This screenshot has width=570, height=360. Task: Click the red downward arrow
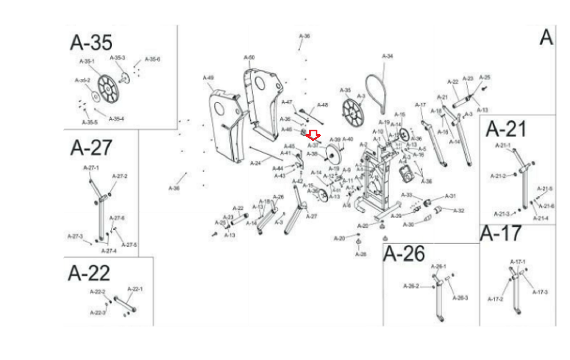[313, 135]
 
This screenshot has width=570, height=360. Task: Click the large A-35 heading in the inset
[91, 42]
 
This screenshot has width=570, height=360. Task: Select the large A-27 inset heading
[91, 147]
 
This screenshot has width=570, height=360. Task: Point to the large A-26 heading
[404, 254]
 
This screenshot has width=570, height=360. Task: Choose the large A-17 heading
[501, 234]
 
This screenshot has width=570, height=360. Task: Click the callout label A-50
[249, 57]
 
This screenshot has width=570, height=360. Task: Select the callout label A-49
[208, 78]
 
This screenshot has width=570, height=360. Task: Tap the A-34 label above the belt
[388, 56]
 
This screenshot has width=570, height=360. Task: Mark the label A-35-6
[152, 59]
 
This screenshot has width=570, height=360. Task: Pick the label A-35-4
[116, 119]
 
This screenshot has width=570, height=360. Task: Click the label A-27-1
[91, 168]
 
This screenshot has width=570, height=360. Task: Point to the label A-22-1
[135, 289]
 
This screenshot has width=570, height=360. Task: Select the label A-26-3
[460, 298]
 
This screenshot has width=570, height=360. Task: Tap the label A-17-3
[540, 292]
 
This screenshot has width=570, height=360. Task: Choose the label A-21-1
[503, 145]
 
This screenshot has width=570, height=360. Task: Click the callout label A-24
[255, 163]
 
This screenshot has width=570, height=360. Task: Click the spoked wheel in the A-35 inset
[108, 89]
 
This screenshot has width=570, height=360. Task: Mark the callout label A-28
[361, 254]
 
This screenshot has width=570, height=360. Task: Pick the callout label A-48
[322, 105]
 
